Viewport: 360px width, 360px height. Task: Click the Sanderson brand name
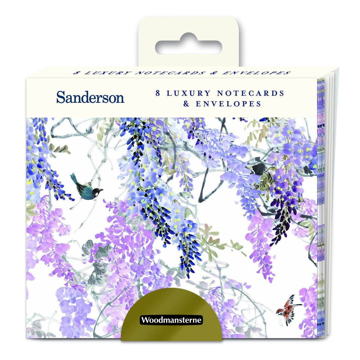pos(90,97)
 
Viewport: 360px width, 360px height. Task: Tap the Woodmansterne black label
pos(171,320)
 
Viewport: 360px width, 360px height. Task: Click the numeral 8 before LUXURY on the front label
pos(158,93)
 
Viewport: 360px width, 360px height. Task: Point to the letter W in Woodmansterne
pos(145,321)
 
